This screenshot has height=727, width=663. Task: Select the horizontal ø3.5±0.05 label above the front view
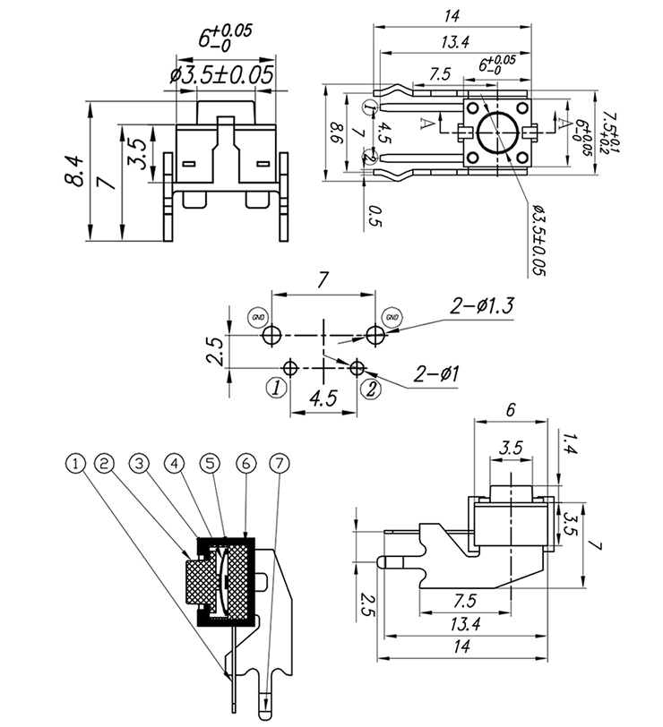pyautogui.click(x=220, y=75)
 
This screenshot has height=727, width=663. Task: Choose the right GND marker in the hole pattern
pyautogui.click(x=392, y=316)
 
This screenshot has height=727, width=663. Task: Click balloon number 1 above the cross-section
pyautogui.click(x=77, y=463)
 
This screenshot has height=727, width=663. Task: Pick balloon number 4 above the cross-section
pyautogui.click(x=176, y=463)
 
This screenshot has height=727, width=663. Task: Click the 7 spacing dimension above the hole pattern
pyautogui.click(x=323, y=280)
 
